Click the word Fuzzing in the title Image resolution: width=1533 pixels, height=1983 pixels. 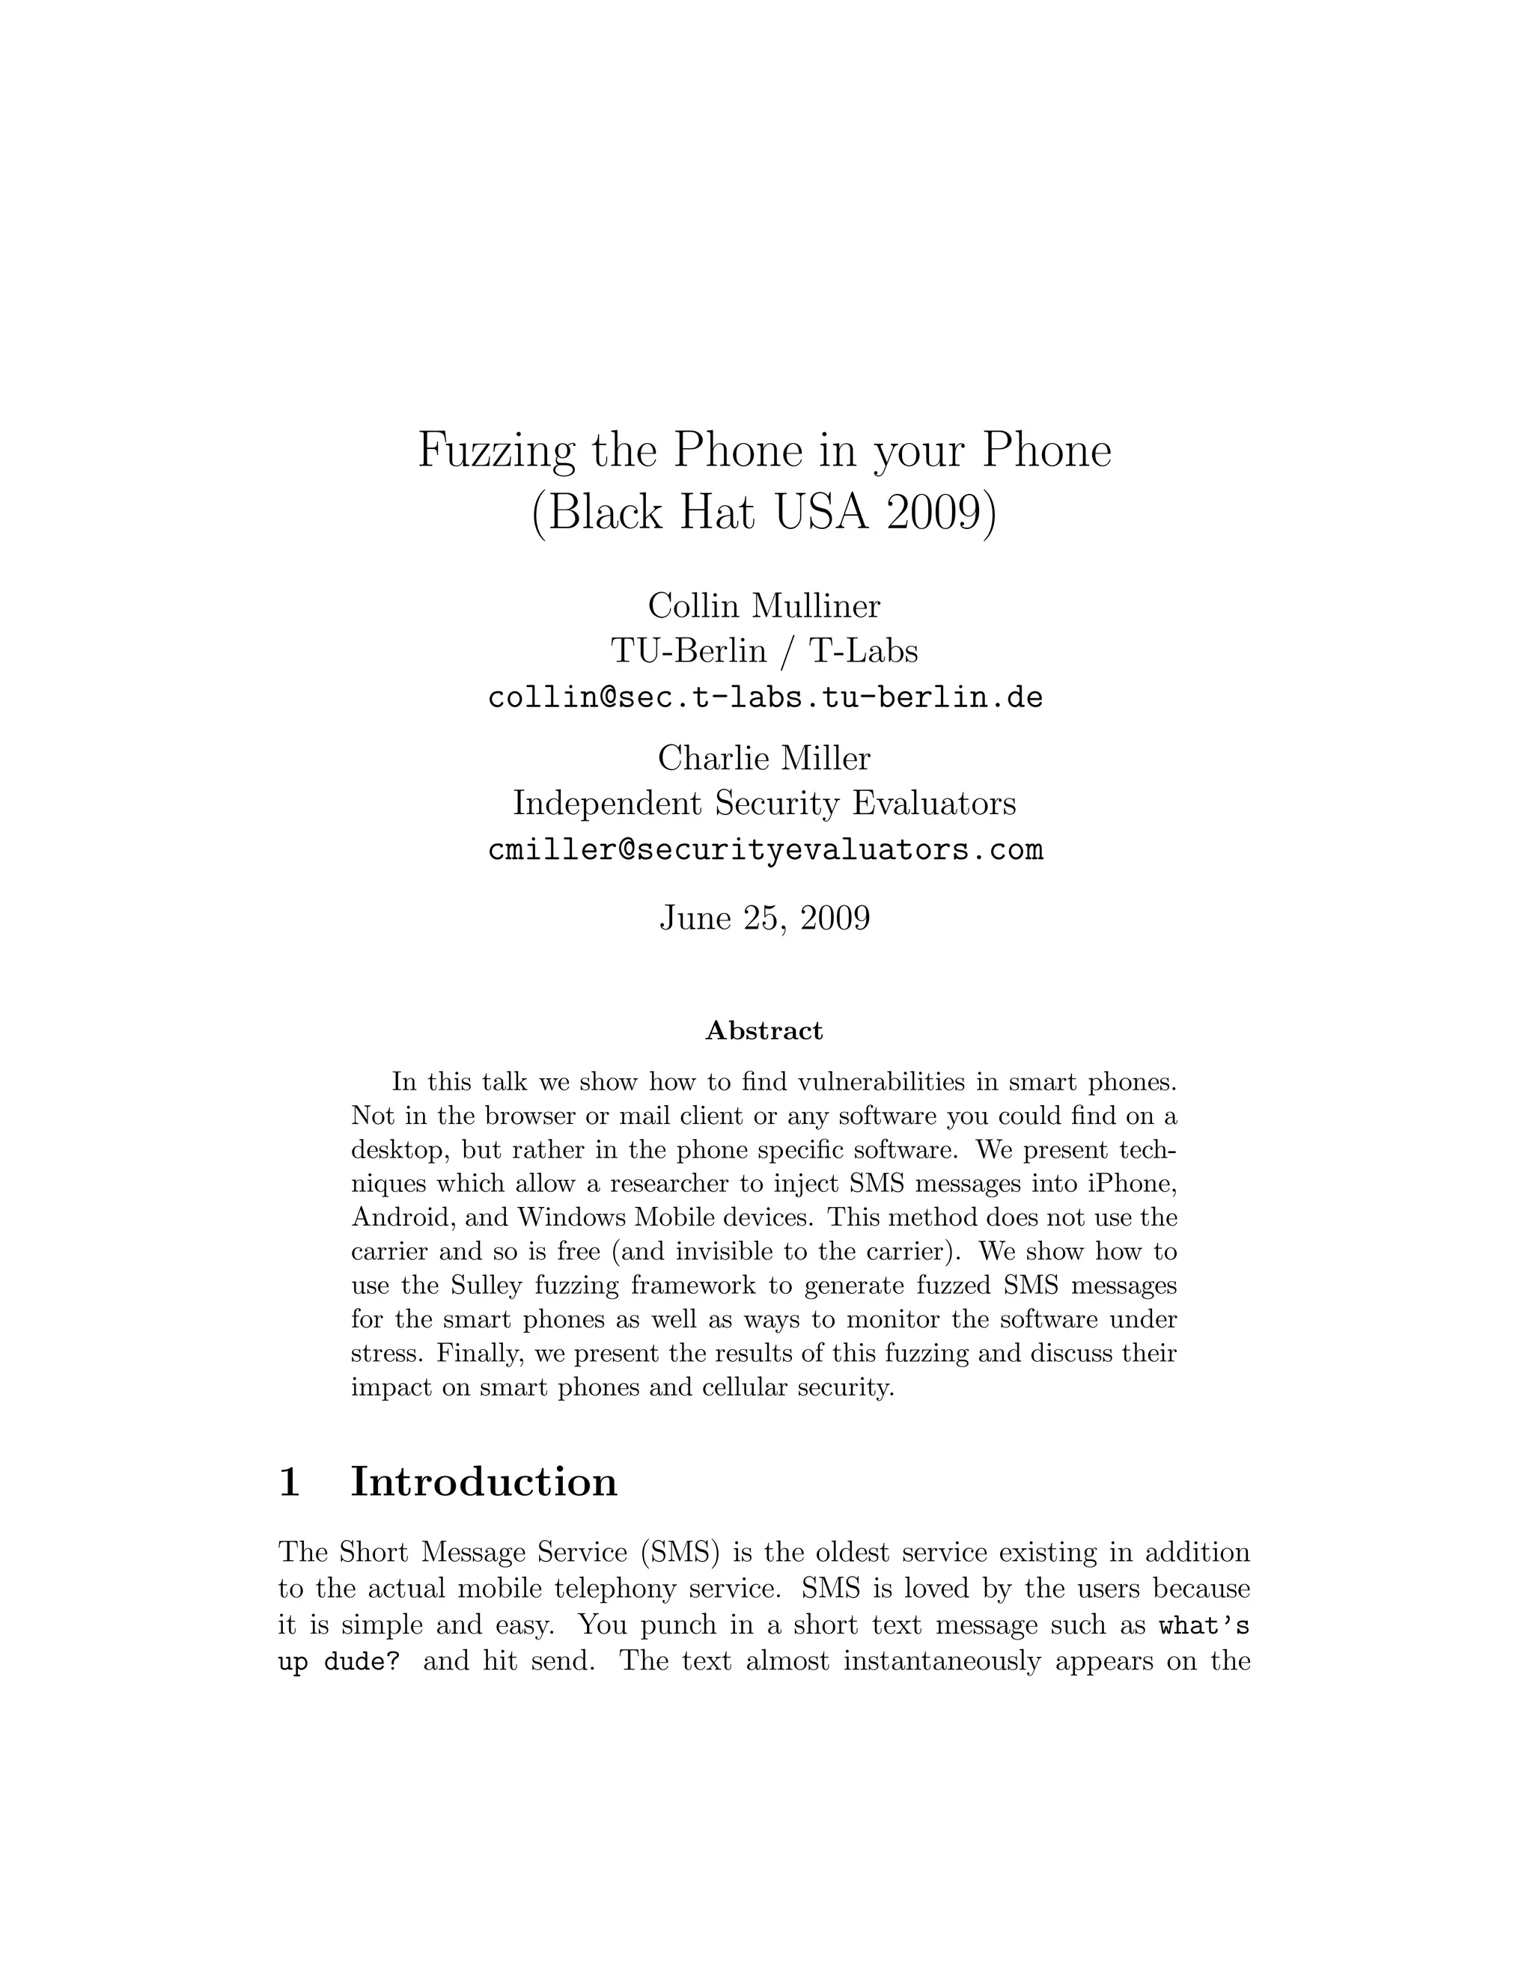pos(496,451)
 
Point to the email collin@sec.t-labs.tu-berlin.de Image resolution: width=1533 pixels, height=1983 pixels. pos(765,697)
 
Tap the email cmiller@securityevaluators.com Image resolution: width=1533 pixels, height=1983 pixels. pos(765,850)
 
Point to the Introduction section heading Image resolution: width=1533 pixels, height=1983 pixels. pos(484,1482)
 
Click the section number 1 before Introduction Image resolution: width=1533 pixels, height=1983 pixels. pos(289,1482)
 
